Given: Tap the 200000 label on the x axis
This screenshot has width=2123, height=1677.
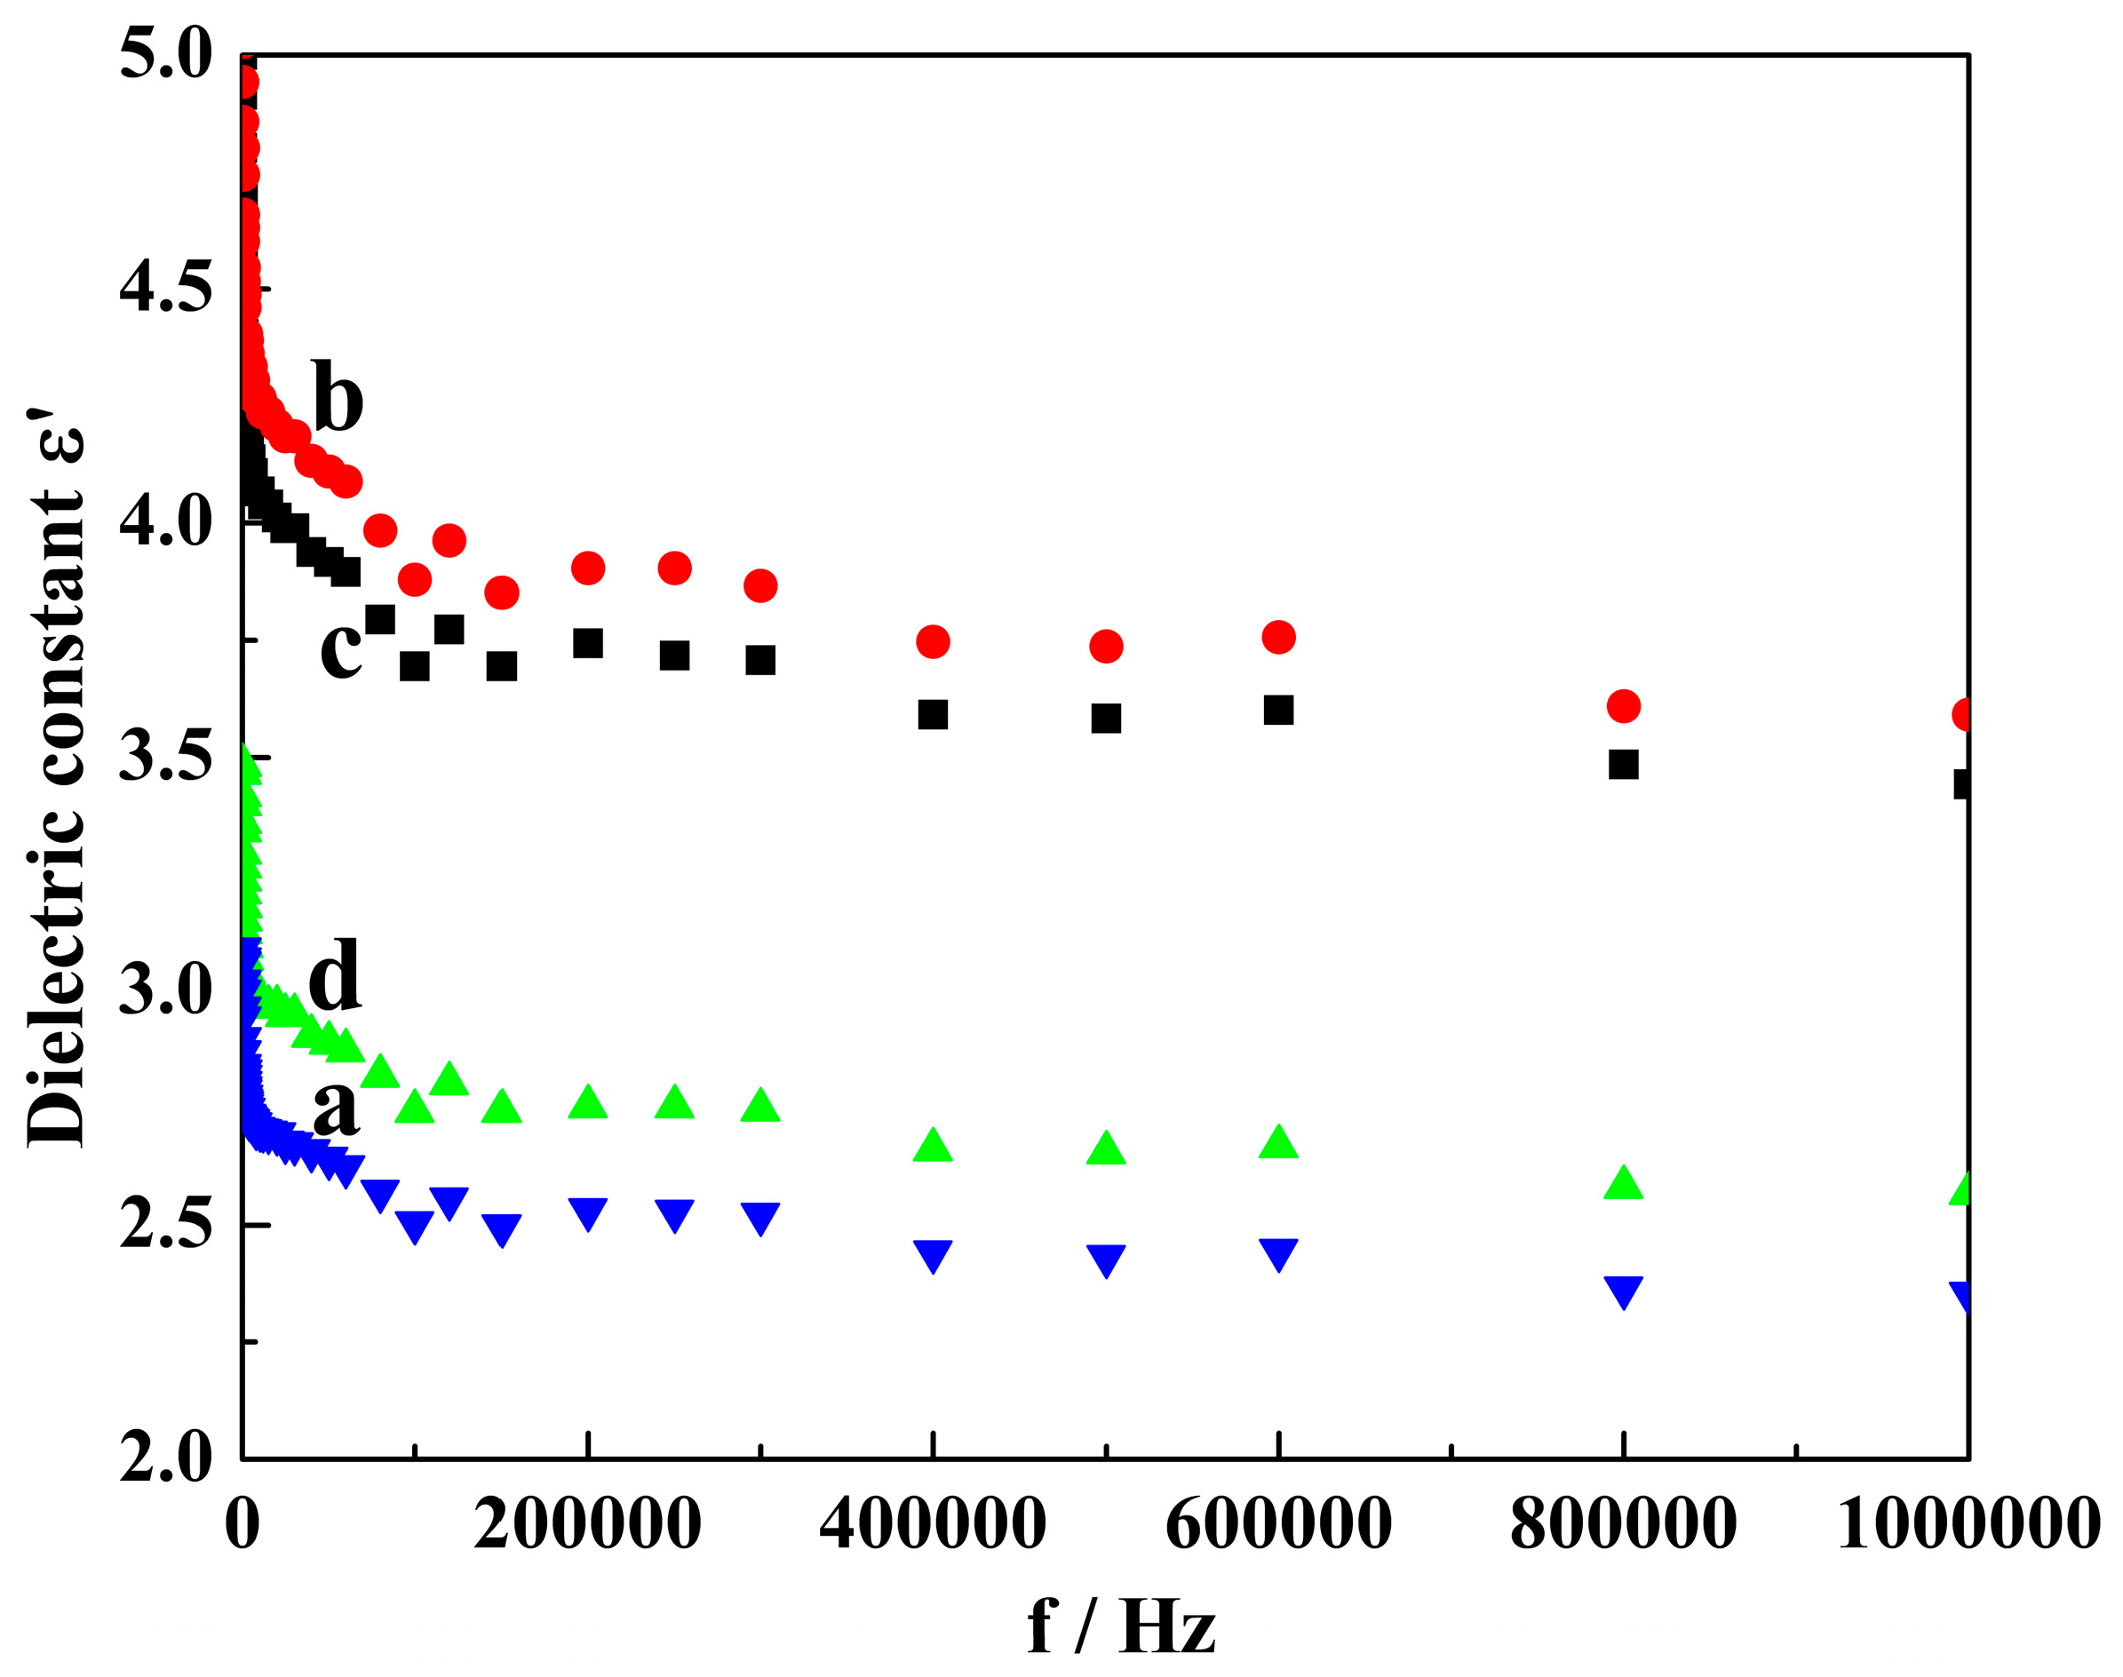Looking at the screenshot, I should click(x=587, y=1524).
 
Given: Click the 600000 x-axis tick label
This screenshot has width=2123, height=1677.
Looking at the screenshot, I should click(x=1277, y=1524).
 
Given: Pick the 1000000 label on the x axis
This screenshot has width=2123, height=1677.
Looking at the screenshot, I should click(x=1968, y=1524).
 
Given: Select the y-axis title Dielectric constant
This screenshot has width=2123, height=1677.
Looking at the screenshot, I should click(x=57, y=785).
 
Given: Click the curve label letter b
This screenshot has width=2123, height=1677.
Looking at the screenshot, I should click(x=337, y=397).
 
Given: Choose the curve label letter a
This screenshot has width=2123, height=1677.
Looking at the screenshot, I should click(x=336, y=1106).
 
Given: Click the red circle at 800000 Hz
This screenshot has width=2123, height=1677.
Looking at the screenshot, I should click(x=1623, y=705).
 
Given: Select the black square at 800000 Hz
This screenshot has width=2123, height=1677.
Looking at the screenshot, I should click(x=1623, y=764).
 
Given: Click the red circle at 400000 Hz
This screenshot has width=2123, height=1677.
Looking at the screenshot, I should click(x=933, y=642).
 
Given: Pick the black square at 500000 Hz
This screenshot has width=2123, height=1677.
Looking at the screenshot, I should click(x=1106, y=718).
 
